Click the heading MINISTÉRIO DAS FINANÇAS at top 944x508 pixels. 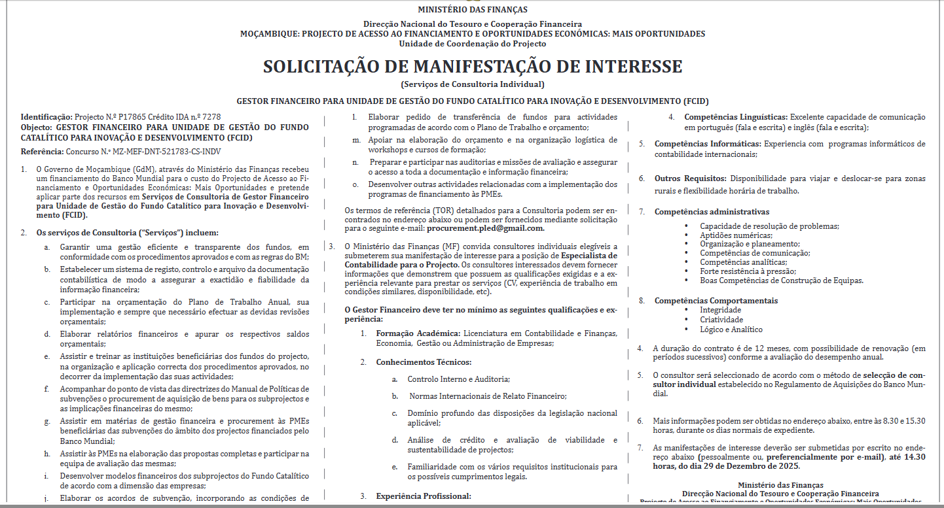tap(472, 10)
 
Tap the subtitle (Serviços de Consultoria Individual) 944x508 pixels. tap(472, 84)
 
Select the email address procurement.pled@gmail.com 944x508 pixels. tap(485, 228)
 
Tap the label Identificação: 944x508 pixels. tap(47, 117)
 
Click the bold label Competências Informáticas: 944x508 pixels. tap(708, 144)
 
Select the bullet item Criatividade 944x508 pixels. tap(721, 320)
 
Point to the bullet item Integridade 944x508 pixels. tap(720, 311)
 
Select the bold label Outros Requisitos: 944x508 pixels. tap(690, 178)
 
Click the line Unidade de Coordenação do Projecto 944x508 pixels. tap(472, 44)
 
